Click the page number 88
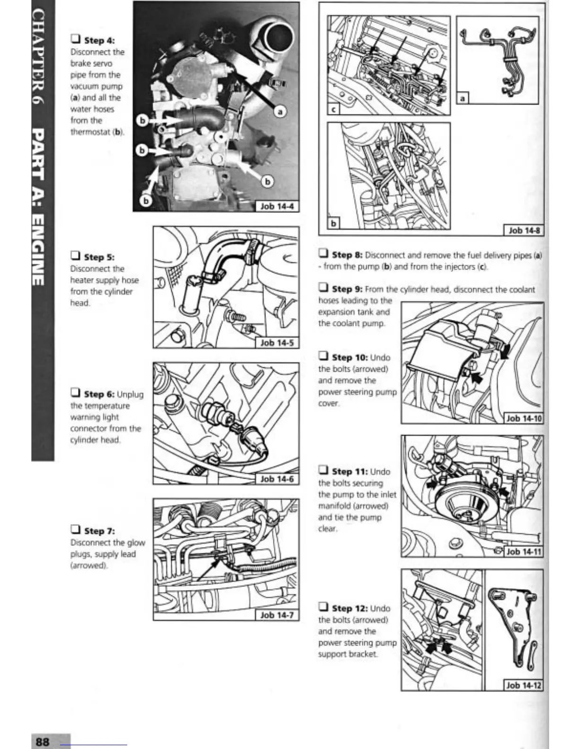point(43,741)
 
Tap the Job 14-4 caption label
point(277,207)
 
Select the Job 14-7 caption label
point(277,615)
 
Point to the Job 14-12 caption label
point(523,685)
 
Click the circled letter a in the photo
point(281,111)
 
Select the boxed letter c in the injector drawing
point(334,109)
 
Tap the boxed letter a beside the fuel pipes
point(463,98)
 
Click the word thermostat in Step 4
point(91,132)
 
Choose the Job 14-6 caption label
point(277,479)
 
